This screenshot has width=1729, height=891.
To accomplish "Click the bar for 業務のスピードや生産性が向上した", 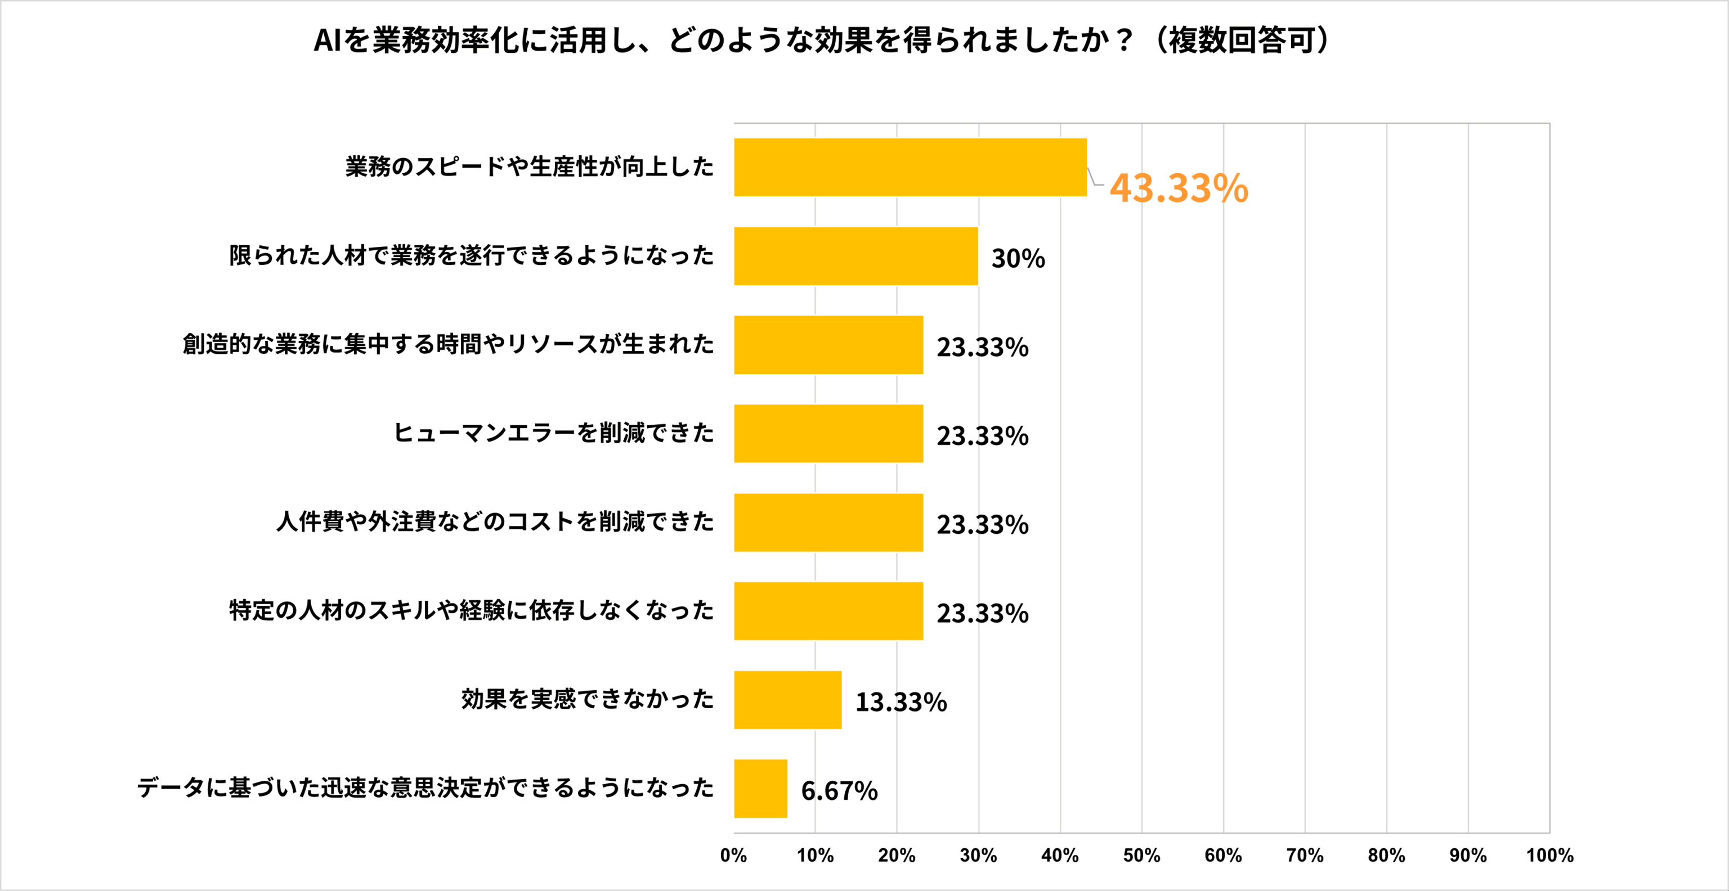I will (910, 167).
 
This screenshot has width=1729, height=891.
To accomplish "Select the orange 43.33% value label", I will (1178, 188).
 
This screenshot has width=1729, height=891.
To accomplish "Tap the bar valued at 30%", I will (855, 256).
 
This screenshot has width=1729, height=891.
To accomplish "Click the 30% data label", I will (1018, 258).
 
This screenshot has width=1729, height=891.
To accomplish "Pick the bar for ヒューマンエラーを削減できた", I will (828, 434).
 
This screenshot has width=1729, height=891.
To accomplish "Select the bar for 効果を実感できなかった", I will (787, 700).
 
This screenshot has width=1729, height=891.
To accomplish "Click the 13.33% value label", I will (901, 702).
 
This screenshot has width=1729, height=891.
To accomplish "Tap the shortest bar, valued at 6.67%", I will (760, 789).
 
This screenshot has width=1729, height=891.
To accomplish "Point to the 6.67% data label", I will (839, 790).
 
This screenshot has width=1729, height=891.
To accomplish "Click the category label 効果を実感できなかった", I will (587, 699).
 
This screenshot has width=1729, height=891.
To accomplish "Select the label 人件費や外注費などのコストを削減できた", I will (495, 521).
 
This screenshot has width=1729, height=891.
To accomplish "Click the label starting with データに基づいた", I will (425, 787).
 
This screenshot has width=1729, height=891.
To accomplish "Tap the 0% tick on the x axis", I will (733, 856).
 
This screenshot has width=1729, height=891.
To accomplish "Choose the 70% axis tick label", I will (1304, 856).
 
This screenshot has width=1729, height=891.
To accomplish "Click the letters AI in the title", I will (328, 40).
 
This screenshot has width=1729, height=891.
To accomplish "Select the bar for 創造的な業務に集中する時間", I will (828, 345).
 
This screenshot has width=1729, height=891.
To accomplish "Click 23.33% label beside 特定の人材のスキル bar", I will (982, 613).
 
